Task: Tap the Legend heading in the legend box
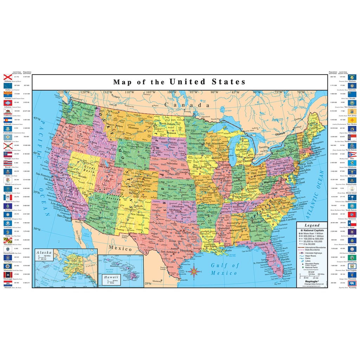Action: [312, 225]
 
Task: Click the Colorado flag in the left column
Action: [8, 120]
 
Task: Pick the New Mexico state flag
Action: [352, 120]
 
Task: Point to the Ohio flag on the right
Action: [352, 154]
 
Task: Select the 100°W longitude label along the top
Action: [172, 92]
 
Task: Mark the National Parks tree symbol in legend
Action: [302, 268]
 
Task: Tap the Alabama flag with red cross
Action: [8, 77]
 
